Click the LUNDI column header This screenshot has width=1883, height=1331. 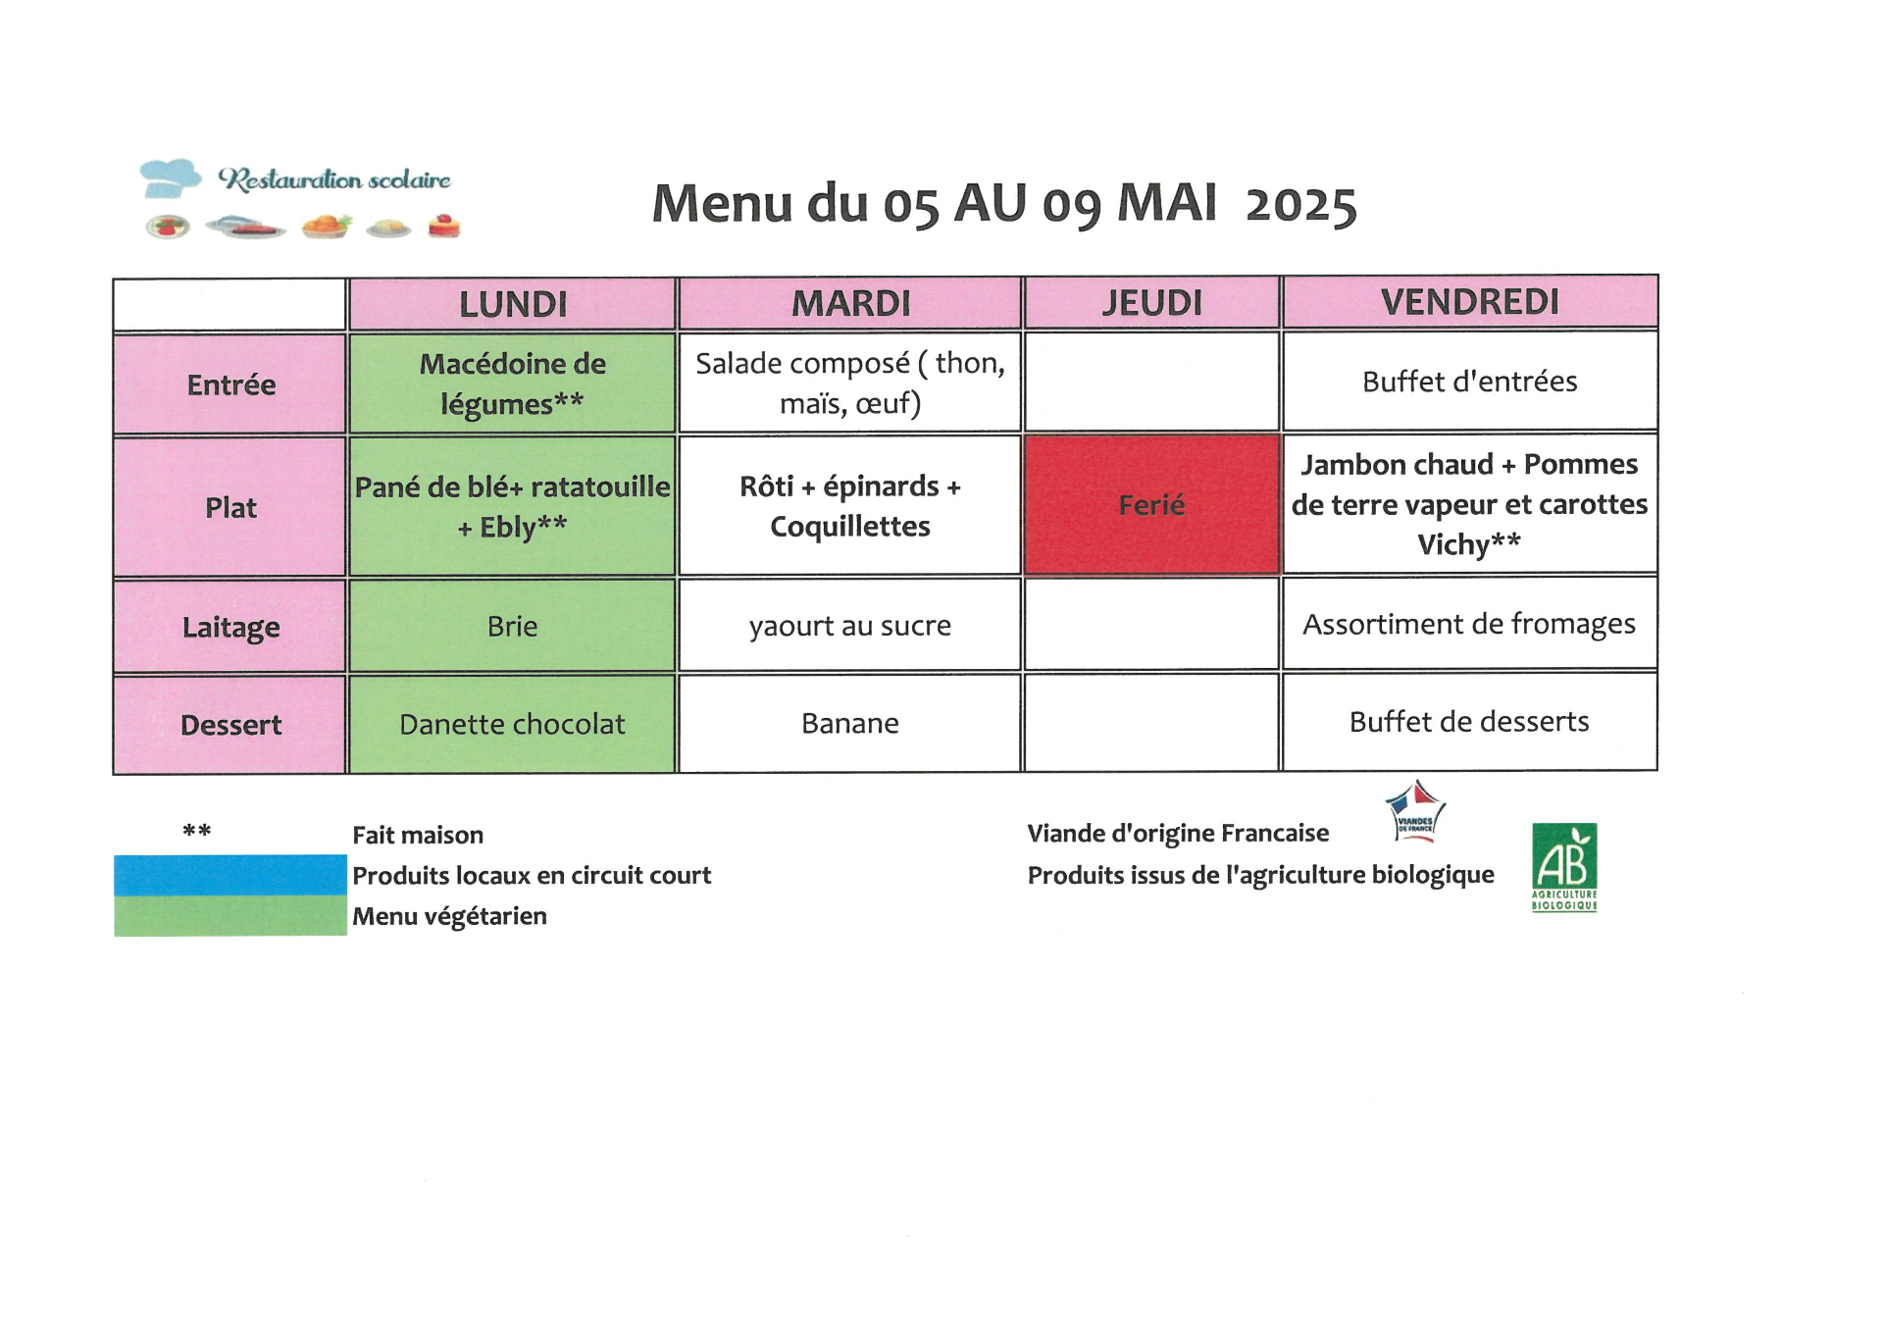(x=512, y=304)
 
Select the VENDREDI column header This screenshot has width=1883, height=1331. (x=1469, y=301)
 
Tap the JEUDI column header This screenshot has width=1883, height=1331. (x=1151, y=302)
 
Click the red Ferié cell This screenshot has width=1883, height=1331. (x=1151, y=504)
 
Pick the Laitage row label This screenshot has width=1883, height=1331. (x=230, y=627)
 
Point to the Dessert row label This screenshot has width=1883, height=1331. (x=230, y=725)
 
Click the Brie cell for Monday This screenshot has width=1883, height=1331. (x=512, y=626)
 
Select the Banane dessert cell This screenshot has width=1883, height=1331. (x=849, y=723)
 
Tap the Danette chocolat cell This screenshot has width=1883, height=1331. (x=512, y=724)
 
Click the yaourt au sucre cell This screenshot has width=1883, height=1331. (x=849, y=625)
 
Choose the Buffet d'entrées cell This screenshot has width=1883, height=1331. (x=1469, y=381)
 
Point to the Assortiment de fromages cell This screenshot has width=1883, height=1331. (x=1469, y=623)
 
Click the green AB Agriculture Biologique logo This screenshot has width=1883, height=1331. (x=1564, y=867)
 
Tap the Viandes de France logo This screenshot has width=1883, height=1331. (x=1415, y=812)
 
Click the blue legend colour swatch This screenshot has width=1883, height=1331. (x=230, y=875)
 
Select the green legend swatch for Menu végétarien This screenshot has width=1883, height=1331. (x=230, y=916)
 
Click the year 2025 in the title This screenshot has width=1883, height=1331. (x=1301, y=205)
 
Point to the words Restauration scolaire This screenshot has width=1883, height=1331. (x=334, y=179)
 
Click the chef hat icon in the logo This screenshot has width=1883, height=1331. (x=170, y=178)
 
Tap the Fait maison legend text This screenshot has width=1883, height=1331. (x=418, y=835)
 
